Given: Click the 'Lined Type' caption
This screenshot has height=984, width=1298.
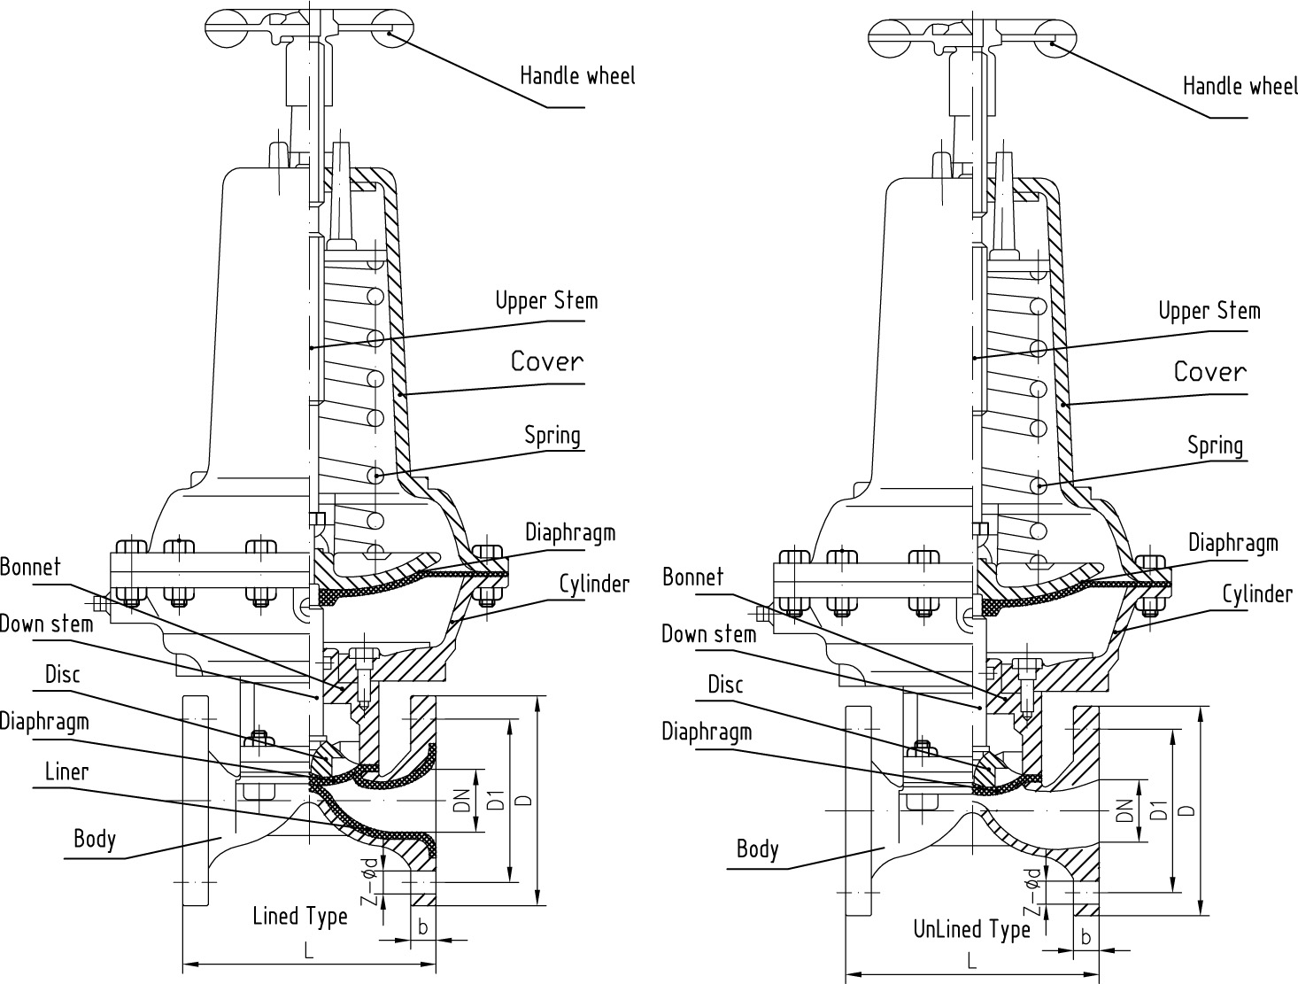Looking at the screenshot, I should click(x=300, y=916).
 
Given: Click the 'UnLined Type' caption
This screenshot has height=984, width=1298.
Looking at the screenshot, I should click(x=971, y=929).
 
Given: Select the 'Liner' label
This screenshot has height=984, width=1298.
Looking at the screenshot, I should click(x=67, y=772).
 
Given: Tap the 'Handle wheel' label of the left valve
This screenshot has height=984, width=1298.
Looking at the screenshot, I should click(x=577, y=76).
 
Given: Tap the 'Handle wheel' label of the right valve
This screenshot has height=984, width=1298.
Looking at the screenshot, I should click(x=1240, y=86).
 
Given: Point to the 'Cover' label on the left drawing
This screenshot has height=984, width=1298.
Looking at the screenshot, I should click(x=547, y=361).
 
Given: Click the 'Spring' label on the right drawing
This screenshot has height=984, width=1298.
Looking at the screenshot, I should click(x=1215, y=446).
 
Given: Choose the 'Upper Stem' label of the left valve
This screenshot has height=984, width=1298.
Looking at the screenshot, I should click(x=546, y=301).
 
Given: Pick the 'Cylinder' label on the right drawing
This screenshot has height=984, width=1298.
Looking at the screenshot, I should click(x=1256, y=594).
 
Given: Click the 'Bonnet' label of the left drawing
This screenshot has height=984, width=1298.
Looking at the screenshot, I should click(x=30, y=568).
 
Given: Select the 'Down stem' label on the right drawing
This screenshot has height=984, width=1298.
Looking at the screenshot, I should click(x=708, y=634).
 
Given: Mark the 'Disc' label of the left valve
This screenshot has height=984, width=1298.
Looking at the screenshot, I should click(x=62, y=675).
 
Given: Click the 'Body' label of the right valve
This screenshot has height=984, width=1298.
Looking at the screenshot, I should click(x=757, y=849).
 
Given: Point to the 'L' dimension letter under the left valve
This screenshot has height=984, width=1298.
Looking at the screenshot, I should click(x=308, y=951).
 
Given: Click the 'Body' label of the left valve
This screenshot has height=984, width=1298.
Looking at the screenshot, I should click(x=95, y=838).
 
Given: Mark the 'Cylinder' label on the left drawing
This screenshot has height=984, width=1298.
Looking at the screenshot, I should click(x=593, y=585).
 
